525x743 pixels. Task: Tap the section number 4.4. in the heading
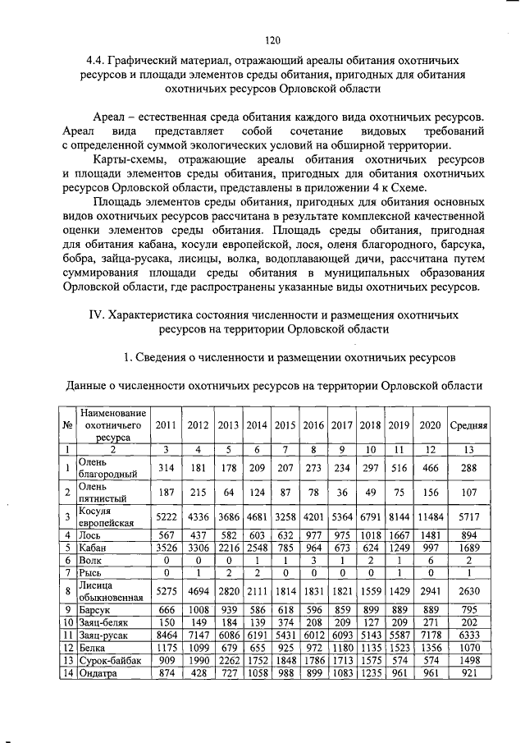[x=99, y=61]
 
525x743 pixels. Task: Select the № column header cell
[x=66, y=425]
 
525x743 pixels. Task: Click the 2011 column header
[x=166, y=425]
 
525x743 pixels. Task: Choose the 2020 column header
[x=429, y=425]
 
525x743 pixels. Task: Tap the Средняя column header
[x=469, y=425]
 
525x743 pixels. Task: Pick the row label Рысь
[x=91, y=572]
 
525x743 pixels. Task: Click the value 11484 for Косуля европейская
[x=429, y=517]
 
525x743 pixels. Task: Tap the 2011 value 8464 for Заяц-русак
[x=166, y=635]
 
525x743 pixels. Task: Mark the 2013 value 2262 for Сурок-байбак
[x=229, y=660]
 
